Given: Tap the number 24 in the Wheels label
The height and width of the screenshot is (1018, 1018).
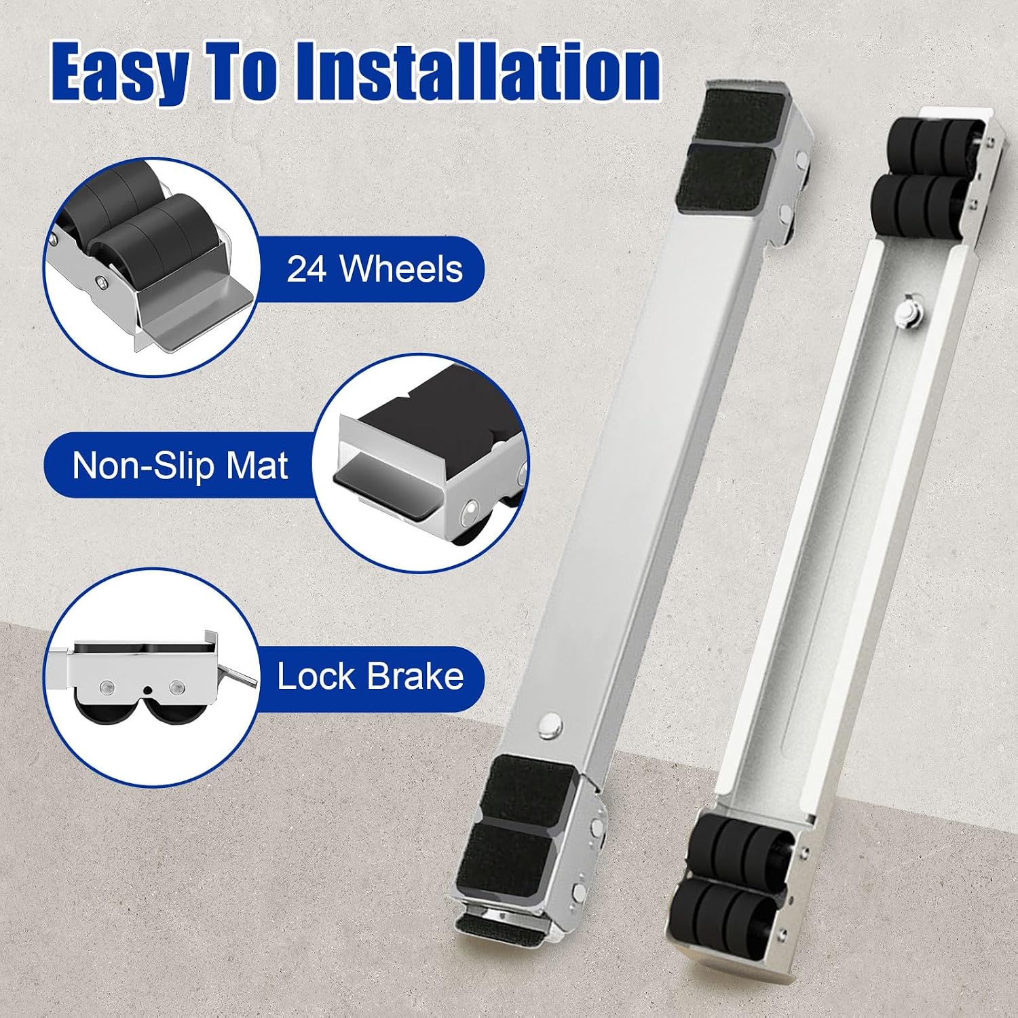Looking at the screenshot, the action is [307, 269].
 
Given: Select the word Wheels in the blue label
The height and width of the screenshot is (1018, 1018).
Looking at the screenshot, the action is [401, 269].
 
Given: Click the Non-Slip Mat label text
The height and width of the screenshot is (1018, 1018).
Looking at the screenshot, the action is [180, 466].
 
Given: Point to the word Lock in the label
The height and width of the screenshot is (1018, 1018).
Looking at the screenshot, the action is [316, 677].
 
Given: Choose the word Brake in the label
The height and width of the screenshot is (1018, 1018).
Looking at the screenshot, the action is [415, 677].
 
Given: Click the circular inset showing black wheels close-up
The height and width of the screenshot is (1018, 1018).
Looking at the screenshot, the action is [151, 267].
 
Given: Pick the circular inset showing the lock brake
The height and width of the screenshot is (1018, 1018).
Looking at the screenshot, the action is [151, 677].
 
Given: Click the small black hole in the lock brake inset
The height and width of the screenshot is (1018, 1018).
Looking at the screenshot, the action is [147, 690].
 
